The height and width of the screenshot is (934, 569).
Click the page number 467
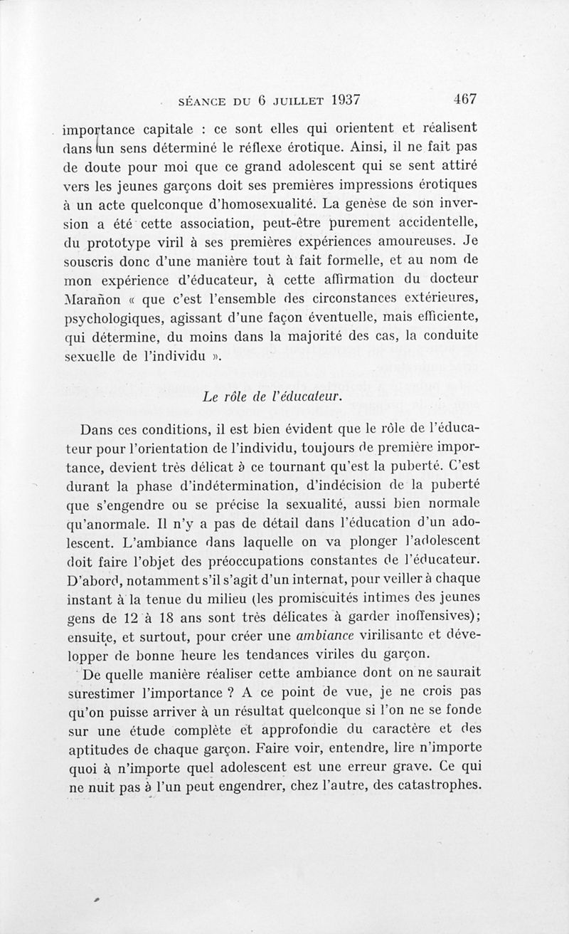pyautogui.click(x=462, y=100)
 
